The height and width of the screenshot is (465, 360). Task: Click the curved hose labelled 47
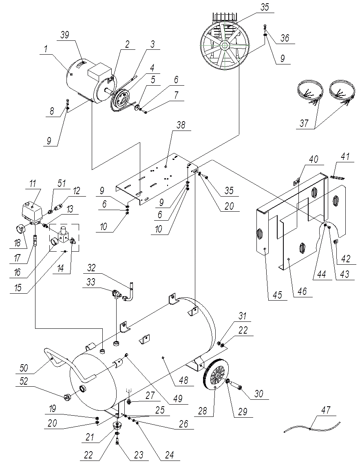point(310,428)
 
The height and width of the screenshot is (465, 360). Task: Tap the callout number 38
point(181,126)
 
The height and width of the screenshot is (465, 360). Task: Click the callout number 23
point(139,455)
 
